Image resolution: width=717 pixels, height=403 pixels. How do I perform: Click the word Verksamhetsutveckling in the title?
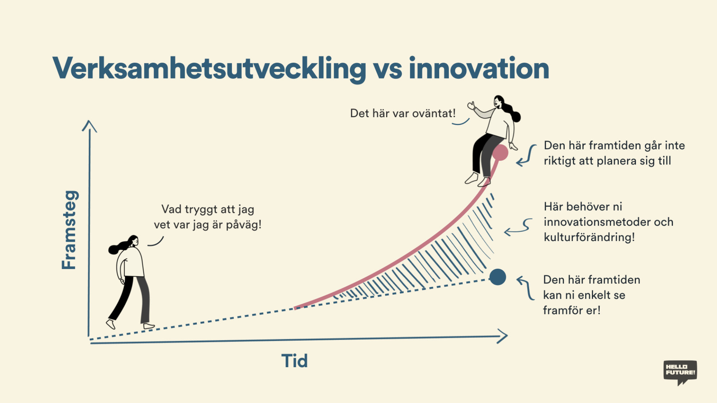[x=209, y=69]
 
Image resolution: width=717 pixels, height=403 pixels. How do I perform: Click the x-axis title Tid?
[x=294, y=361]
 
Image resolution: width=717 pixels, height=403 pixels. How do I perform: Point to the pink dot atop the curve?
[x=500, y=153]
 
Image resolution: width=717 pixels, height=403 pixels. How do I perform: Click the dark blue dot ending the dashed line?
[x=498, y=277]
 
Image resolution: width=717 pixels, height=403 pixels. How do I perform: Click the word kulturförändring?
[x=589, y=237]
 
